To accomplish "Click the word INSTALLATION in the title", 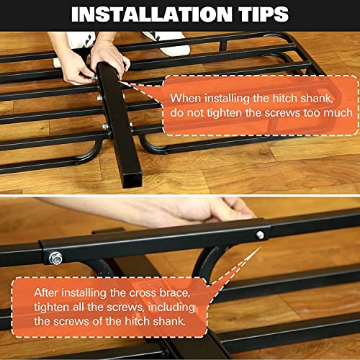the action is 152,14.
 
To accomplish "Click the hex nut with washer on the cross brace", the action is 55,258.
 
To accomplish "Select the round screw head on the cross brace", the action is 260,235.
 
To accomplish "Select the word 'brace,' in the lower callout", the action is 175,293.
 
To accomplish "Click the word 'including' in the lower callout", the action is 171,307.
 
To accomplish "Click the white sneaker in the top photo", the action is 167,43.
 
